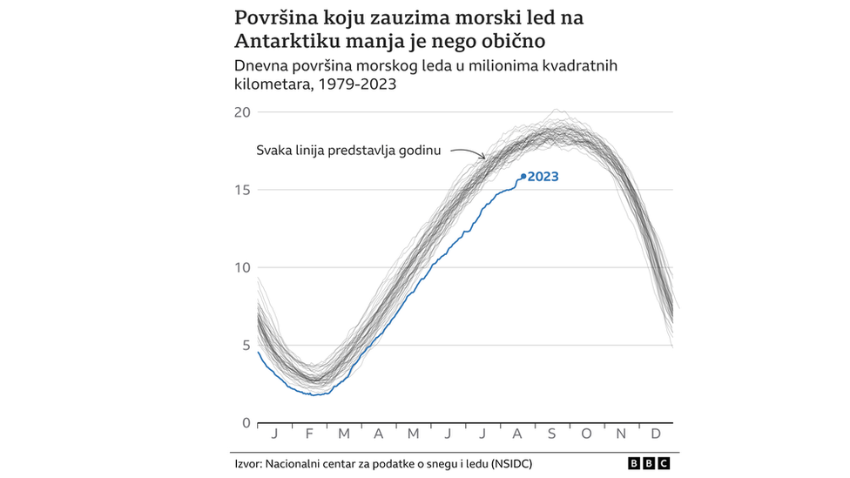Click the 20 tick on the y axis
pos(241,112)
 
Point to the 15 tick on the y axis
pos(241,190)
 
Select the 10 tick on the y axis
pos(241,267)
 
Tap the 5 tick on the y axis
pos(245,345)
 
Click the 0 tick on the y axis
pos(246,423)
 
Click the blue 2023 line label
pos(543,177)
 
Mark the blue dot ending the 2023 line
pos(523,177)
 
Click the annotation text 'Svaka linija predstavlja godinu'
pos(348,150)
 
